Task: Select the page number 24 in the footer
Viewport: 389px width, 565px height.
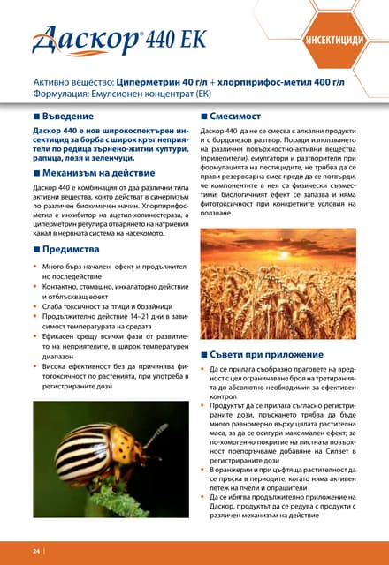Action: point(37,551)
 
